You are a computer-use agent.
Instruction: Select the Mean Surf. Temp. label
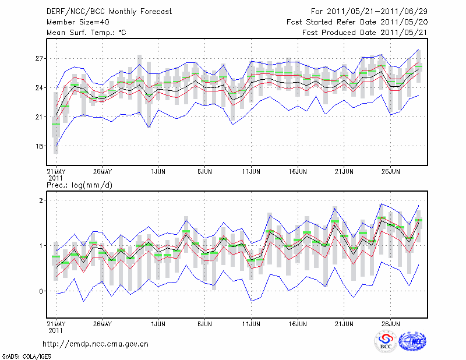86,33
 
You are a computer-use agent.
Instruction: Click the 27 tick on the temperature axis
39,59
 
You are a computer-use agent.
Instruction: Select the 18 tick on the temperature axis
39,146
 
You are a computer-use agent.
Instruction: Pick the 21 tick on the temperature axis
39,117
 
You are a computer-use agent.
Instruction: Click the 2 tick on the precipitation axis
41,200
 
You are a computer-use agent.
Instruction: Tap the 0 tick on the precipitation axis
41,291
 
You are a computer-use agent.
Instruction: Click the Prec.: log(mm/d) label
79,185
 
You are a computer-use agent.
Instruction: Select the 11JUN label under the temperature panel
251,172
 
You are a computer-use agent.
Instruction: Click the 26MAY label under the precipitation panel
102,324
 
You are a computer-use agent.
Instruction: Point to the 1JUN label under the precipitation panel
157,324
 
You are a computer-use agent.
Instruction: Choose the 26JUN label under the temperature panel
391,172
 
